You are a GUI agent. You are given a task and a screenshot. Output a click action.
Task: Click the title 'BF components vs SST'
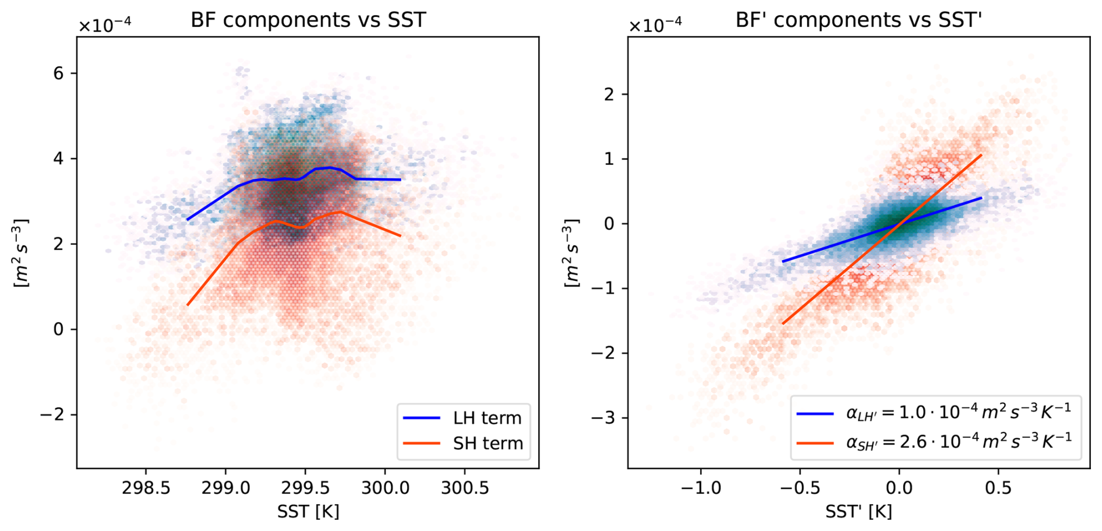pos(308,20)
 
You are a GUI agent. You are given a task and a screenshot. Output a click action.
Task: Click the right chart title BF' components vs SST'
pos(859,20)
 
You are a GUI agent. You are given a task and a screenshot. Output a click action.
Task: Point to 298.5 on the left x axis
pos(146,487)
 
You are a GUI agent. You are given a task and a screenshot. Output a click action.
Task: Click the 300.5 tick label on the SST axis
pos(465,487)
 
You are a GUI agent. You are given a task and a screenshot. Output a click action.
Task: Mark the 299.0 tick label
pos(225,487)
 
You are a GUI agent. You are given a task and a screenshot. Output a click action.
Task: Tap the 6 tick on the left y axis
pos(58,73)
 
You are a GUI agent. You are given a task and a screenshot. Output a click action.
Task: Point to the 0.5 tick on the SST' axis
pos(998,487)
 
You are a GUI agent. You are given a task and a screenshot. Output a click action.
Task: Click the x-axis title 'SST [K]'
pos(308,512)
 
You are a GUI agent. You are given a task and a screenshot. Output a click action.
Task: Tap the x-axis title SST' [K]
pos(859,512)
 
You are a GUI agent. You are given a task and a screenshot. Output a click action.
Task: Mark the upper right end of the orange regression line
pos(981,155)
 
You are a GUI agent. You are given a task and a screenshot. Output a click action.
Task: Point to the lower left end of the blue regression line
pos(783,262)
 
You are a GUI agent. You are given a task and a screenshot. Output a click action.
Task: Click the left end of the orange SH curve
pos(188,305)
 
